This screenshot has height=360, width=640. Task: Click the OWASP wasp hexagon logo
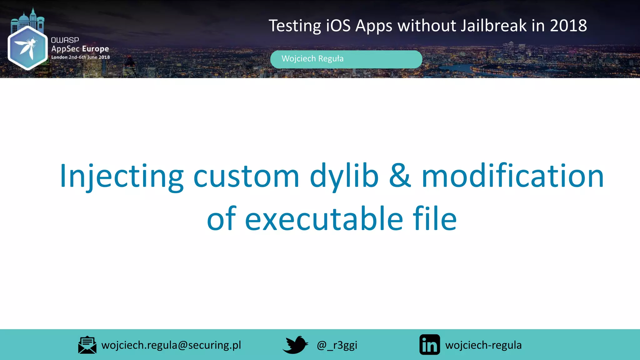pos(27,47)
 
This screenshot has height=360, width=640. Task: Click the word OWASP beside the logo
pos(65,40)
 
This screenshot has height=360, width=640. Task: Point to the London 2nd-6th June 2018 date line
pos(80,57)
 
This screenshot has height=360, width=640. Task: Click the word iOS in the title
pos(338,26)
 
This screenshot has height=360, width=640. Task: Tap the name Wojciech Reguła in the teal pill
pos(312,59)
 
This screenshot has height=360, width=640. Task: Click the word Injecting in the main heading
pos(121,176)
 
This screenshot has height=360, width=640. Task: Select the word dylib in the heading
pos(344,176)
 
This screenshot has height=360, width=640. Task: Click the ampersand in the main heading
pos(400,176)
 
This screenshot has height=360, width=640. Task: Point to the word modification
pos(512,176)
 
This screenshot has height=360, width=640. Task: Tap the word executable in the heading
pos(324,219)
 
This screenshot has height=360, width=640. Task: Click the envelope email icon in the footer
pos(87,345)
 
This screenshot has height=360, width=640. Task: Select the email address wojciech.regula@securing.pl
pos(171,345)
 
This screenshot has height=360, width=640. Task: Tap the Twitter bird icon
pos(295,345)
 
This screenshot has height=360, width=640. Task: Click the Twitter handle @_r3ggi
pos(337,345)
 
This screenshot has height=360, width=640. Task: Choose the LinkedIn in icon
pos(429,345)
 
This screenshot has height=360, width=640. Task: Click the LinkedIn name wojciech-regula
pos(483,345)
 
